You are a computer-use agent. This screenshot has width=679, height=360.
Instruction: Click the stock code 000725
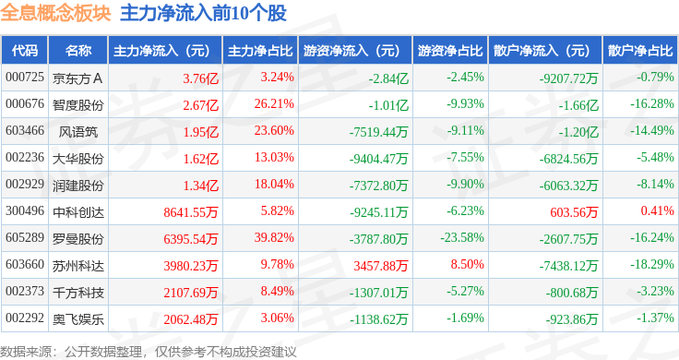point(25,78)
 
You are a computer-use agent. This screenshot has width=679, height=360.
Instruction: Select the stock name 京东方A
point(77,78)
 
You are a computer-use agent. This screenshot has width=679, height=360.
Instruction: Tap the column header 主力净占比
point(260,51)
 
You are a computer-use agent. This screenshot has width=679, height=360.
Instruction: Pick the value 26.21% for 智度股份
point(274,104)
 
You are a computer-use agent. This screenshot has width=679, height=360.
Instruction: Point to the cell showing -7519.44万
point(379,132)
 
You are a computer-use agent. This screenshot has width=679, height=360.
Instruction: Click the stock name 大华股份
point(77,159)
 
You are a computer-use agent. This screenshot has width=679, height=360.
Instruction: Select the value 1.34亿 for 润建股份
point(200,186)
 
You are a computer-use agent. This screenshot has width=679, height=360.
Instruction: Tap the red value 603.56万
point(574,212)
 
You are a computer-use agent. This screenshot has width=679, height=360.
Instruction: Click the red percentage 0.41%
point(658,211)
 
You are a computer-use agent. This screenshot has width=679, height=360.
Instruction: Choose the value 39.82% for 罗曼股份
point(274,238)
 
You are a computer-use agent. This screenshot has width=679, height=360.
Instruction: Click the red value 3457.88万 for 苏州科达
point(381,266)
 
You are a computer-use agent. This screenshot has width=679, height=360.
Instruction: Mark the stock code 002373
point(25,291)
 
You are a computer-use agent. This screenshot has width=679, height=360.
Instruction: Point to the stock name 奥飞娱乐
point(77,319)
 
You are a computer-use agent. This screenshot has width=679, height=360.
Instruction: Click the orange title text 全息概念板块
point(55,13)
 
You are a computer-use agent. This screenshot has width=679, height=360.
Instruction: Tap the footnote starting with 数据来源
point(149,352)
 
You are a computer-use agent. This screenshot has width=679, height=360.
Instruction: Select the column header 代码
point(25,51)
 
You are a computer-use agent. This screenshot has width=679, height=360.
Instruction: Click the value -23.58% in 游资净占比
point(462,238)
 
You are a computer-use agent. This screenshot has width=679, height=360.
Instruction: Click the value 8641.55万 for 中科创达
point(191,212)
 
